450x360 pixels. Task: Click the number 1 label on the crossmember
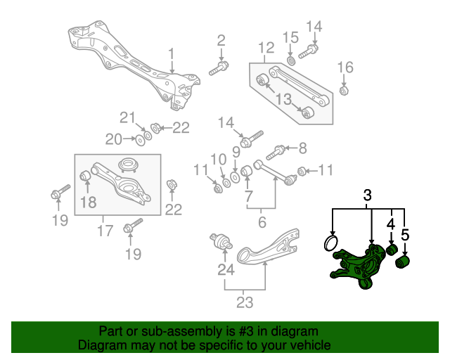point(170,53)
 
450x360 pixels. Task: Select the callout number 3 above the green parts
point(367,196)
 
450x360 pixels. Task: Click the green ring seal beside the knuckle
point(329,243)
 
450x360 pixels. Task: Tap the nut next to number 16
point(343,90)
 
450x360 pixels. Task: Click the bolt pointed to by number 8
point(277,150)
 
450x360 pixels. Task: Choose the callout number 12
point(266,48)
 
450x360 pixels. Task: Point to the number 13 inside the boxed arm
point(282,100)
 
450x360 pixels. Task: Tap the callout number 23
point(243,303)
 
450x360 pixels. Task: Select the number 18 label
point(88,203)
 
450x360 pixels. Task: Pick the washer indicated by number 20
point(140,141)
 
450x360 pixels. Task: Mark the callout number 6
point(262,222)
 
